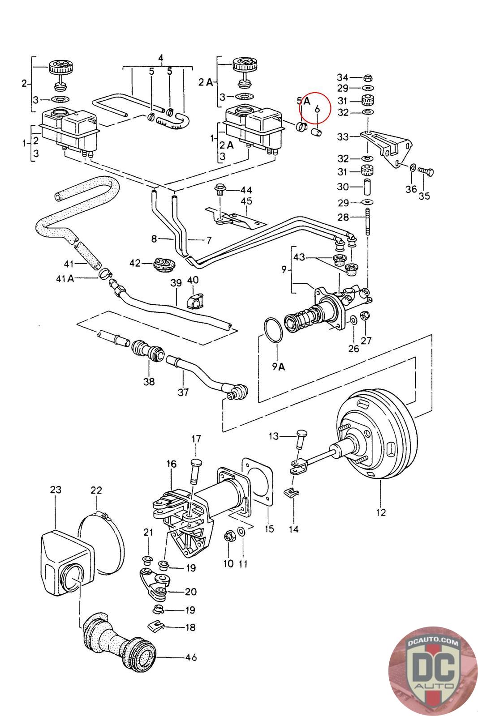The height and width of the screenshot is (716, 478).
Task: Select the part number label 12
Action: coord(381,512)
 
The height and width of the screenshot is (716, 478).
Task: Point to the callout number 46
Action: coord(190,657)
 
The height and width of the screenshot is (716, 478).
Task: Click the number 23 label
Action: coord(55,490)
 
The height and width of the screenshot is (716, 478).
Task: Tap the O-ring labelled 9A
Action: coord(273,331)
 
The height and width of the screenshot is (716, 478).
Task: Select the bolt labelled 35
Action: coord(426,171)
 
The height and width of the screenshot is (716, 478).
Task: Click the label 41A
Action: coord(65,278)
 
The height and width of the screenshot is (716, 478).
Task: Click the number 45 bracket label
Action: coord(246,201)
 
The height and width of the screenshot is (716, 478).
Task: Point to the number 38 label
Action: coord(149,381)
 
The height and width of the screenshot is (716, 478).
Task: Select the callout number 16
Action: coord(172,464)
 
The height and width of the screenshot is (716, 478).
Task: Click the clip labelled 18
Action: coord(154,625)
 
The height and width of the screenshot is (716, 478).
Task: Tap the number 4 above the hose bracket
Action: coord(161,58)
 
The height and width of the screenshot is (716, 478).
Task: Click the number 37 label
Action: coord(183,392)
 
